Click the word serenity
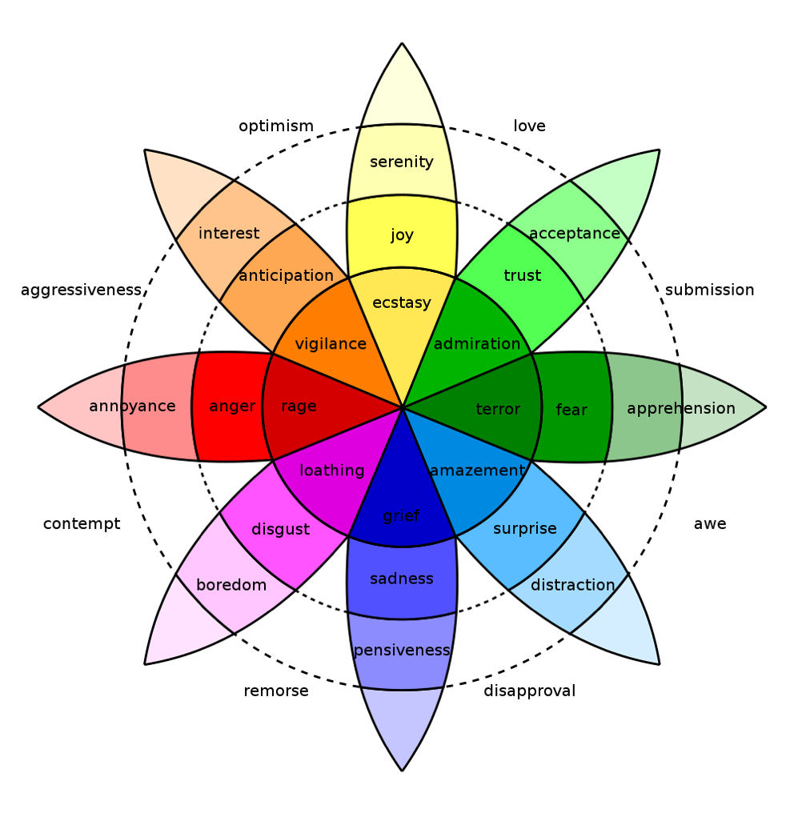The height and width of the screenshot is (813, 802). [402, 162]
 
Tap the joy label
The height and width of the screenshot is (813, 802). [402, 235]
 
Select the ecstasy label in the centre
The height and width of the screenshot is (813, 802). [402, 303]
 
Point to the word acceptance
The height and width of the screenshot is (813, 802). [575, 234]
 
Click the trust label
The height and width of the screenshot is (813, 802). [523, 276]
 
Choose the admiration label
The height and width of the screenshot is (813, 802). [477, 344]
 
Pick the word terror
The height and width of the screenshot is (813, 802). [498, 410]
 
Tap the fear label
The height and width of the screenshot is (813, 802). [571, 411]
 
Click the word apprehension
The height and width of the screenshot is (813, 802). [681, 409]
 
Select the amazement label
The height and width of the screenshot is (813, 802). [477, 471]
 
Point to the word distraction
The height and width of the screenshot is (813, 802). [573, 585]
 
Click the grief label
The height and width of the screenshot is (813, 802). [401, 516]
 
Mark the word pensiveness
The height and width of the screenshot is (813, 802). [402, 651]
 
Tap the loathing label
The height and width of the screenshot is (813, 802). [332, 471]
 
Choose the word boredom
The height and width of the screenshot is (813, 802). [231, 585]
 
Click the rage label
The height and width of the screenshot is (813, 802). [299, 406]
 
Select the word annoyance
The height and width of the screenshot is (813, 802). [133, 406]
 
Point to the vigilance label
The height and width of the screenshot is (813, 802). [331, 344]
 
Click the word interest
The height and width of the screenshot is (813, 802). [229, 234]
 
